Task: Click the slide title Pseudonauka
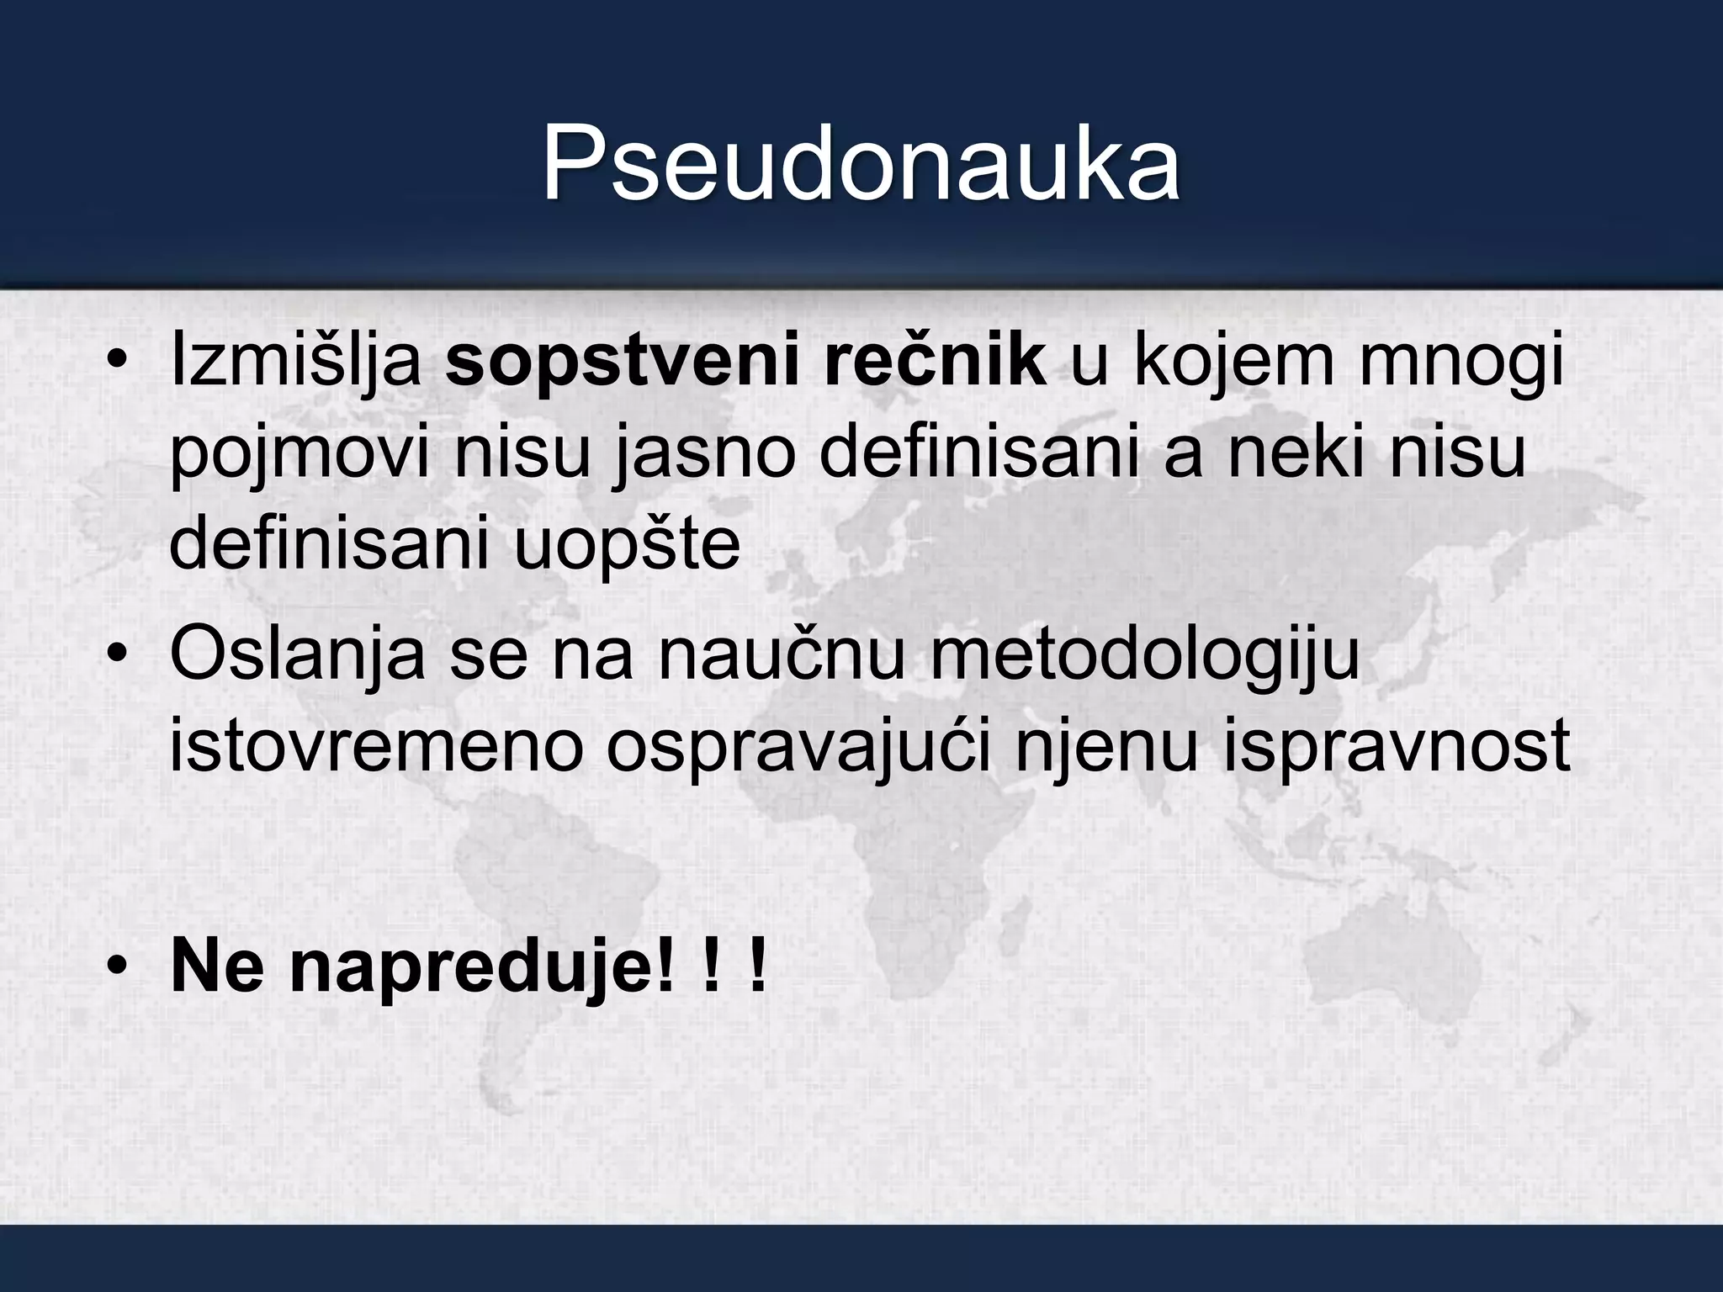click(x=860, y=164)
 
